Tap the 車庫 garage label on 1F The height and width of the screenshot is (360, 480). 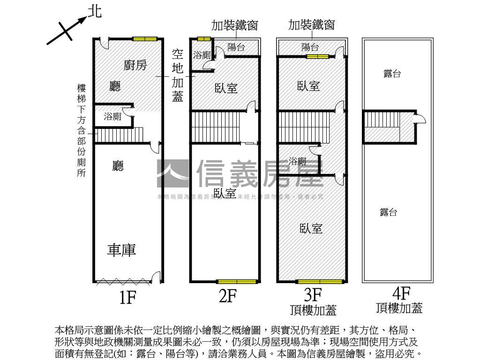[122, 250]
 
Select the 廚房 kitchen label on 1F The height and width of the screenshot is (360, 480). [135, 65]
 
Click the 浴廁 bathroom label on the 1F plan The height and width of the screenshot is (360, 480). [112, 117]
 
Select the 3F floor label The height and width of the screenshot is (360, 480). [313, 295]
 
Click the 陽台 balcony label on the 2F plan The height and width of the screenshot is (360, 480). [236, 47]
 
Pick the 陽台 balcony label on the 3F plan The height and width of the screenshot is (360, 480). [310, 47]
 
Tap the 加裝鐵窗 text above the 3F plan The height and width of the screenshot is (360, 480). [312, 25]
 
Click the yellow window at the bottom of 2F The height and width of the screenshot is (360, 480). [237, 282]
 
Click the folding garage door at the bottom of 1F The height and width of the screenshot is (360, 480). [123, 282]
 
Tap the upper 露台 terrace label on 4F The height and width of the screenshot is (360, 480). [392, 74]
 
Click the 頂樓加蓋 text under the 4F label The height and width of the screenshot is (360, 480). [399, 308]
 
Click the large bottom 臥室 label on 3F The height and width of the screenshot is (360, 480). [311, 228]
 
